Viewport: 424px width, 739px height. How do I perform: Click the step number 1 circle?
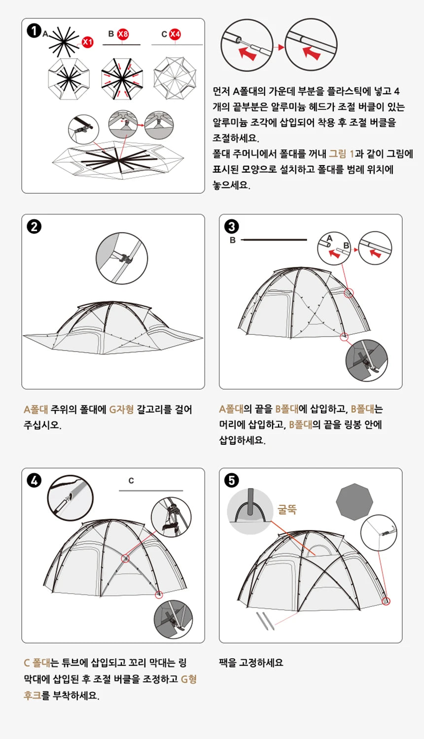[34, 31]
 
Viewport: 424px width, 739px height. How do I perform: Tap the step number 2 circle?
[34, 227]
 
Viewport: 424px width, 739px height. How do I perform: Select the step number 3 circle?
[231, 227]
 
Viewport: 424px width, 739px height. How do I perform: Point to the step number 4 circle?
[34, 480]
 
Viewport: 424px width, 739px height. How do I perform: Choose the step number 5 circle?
[231, 480]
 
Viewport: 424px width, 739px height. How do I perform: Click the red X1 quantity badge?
[87, 42]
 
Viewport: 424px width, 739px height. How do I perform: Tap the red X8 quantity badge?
[123, 34]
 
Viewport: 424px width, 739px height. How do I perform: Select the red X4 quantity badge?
[175, 34]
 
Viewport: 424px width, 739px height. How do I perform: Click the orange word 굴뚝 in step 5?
[287, 509]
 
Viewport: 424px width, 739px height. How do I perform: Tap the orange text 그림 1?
[341, 154]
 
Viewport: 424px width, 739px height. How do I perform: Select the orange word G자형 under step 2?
[121, 410]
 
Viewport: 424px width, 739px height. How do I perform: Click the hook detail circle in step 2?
[122, 258]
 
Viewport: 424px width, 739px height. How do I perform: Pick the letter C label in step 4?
[131, 481]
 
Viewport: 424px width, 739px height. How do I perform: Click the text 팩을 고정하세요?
[251, 663]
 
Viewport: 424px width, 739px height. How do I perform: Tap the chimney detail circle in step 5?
[250, 511]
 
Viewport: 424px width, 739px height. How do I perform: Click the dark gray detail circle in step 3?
[367, 360]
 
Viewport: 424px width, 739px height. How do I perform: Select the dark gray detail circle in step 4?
[173, 620]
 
